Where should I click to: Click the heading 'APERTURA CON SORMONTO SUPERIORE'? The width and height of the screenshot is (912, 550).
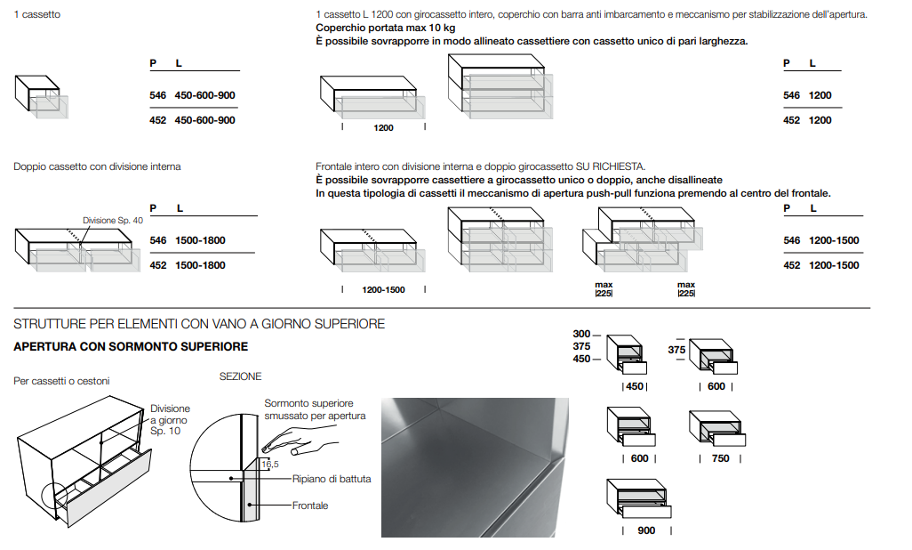(131, 346)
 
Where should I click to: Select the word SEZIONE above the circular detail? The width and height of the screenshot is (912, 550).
(241, 376)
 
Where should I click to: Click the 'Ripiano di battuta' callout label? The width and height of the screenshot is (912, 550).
(332, 479)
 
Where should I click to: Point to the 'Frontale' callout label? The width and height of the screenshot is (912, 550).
(310, 506)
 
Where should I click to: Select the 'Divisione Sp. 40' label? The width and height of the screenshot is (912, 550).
(113, 220)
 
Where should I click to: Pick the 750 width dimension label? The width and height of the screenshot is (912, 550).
(720, 458)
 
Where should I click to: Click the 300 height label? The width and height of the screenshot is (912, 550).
(581, 334)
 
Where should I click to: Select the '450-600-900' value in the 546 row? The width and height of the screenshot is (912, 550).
(205, 95)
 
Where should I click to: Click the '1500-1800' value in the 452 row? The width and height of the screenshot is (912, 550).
(200, 265)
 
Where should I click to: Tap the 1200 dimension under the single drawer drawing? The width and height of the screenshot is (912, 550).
(383, 128)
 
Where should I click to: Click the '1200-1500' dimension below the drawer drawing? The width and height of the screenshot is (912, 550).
(383, 290)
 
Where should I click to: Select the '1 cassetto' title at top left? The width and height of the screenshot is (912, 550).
(37, 14)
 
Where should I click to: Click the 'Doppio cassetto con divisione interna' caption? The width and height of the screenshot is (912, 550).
(97, 166)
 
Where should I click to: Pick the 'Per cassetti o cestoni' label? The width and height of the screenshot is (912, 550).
(61, 381)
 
